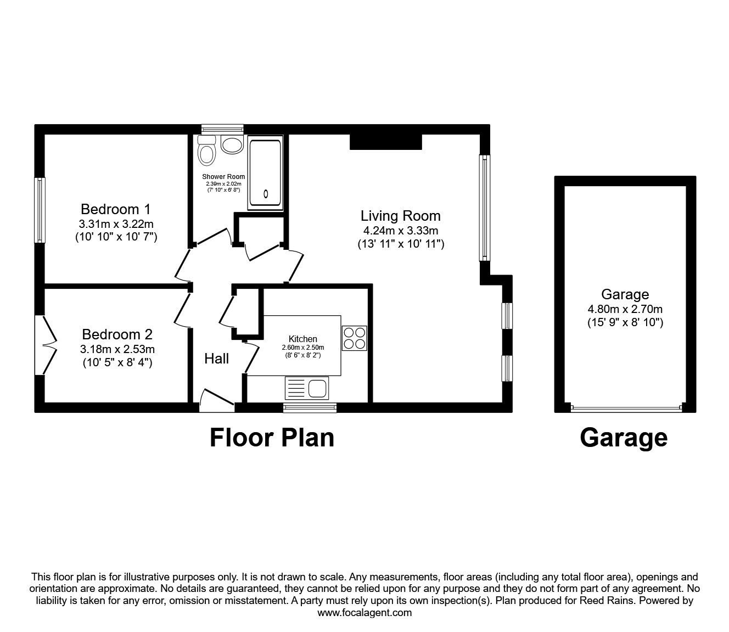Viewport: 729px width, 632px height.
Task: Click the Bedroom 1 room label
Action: click(x=116, y=209)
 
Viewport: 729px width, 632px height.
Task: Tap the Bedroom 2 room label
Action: click(x=117, y=334)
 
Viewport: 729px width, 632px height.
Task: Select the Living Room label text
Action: click(x=401, y=216)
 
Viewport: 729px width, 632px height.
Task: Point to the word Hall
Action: click(x=216, y=359)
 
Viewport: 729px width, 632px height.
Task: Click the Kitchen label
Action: click(x=302, y=339)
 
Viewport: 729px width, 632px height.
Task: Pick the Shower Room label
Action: click(x=223, y=176)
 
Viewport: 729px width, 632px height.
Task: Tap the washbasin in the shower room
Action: click(x=232, y=144)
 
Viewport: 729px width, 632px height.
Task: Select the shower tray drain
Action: click(x=266, y=193)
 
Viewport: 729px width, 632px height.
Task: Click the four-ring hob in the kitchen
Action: click(x=355, y=338)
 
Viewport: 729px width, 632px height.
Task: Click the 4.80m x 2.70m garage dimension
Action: click(x=625, y=309)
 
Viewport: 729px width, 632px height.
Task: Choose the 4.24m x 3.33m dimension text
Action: click(x=401, y=231)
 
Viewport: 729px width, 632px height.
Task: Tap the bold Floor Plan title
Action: click(x=272, y=438)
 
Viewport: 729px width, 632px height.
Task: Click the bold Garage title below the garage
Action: click(x=624, y=438)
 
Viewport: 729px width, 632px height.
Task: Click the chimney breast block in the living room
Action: click(x=386, y=142)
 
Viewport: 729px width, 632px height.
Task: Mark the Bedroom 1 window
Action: click(x=40, y=210)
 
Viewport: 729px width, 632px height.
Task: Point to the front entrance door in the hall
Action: click(x=216, y=400)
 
